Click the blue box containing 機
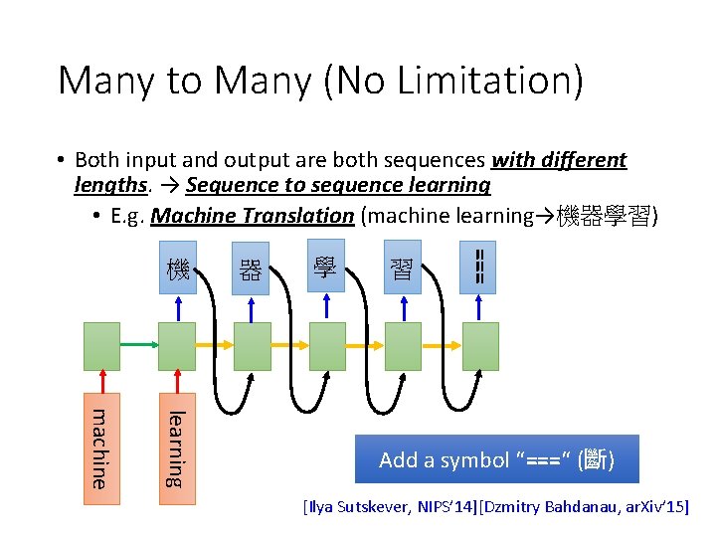point(177,267)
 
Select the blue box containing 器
point(250,268)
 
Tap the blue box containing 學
point(325,266)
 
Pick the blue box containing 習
point(402,267)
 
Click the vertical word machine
point(99,447)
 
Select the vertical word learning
point(176,448)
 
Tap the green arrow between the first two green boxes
point(138,345)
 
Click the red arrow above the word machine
point(100,384)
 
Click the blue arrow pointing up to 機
point(177,308)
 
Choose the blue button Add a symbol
point(496,459)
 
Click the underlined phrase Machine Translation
point(253,216)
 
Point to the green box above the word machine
point(100,345)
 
